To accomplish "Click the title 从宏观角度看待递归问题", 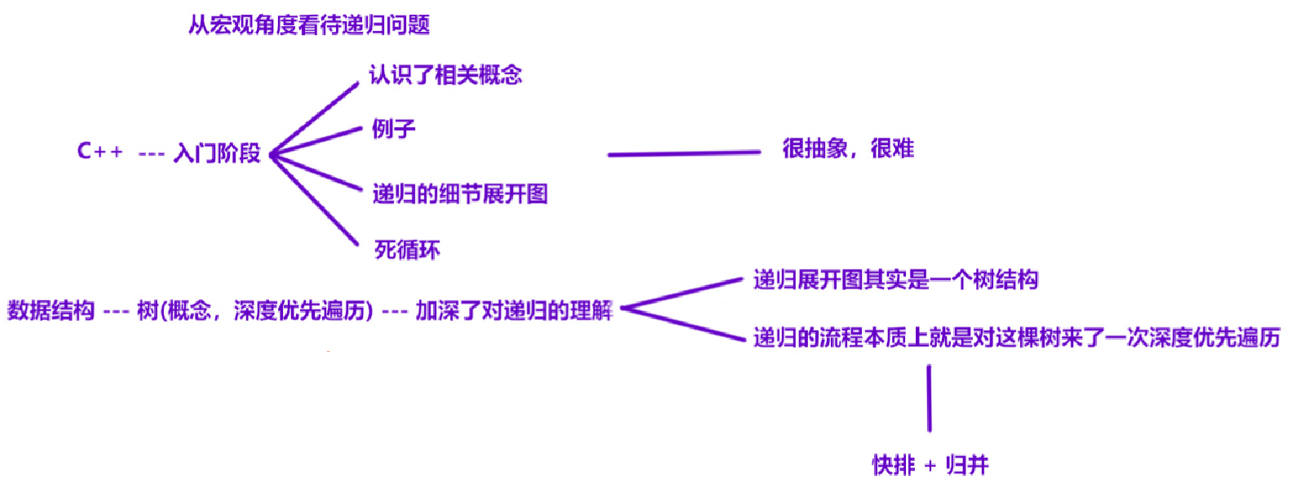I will coord(309,25).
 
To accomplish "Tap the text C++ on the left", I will coord(99,152).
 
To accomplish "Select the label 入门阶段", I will coord(217,153).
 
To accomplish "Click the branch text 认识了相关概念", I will coord(445,75).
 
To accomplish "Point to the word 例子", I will coord(394,129).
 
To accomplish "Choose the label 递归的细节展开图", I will coord(460,194).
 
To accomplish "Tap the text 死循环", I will coord(407,249).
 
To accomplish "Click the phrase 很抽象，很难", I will coord(848,148).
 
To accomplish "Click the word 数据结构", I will coord(51,310).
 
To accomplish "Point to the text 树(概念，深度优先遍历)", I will coord(254,310).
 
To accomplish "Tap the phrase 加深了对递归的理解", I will coord(514,310).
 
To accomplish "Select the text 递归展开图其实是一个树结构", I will coord(895,280).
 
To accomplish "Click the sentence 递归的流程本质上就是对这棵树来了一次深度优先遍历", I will coord(1016,337).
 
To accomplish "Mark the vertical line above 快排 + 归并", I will coord(929,398).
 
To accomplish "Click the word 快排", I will coord(894,465).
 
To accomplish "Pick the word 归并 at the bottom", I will coord(967,465).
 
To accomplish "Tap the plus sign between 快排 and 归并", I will coord(930,466).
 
